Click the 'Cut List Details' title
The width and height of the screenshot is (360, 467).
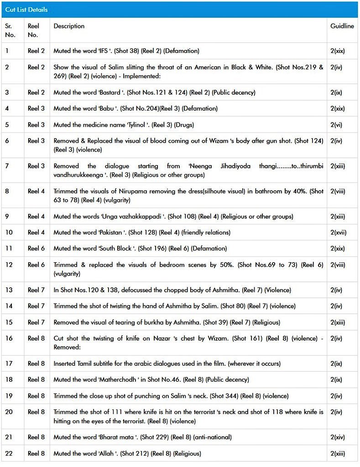pos(26,10)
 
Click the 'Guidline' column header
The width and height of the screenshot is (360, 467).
pos(342,26)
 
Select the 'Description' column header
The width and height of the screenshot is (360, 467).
pos(69,26)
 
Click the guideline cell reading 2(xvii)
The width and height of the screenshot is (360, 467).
pos(338,233)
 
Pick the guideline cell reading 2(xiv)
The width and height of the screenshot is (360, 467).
pos(337,437)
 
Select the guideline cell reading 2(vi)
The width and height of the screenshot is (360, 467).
pos(336,125)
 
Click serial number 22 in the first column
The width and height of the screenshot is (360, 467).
pos(9,453)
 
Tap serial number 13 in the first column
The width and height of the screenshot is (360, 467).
pos(9,290)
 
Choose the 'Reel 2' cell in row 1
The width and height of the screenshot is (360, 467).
pos(36,51)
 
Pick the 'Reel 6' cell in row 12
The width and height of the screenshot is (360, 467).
pos(36,265)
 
